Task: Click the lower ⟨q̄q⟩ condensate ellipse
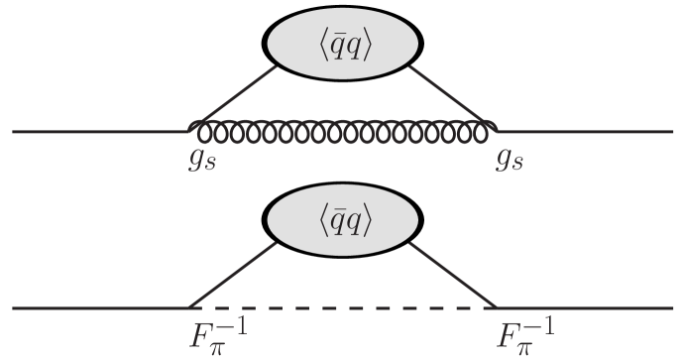342,224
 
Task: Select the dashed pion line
342,307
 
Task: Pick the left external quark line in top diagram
99,131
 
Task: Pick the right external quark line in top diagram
585,131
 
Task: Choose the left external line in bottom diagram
99,307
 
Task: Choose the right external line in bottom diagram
585,307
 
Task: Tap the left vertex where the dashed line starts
189,307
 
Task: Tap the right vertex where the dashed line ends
496,307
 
